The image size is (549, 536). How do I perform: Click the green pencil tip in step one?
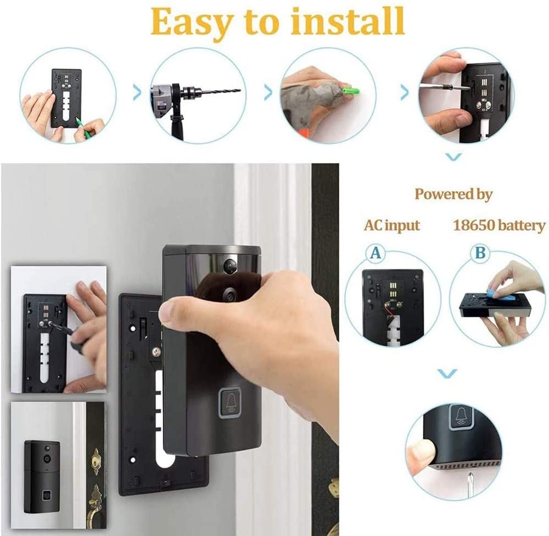tap(79, 121)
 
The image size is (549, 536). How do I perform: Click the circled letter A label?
tap(376, 253)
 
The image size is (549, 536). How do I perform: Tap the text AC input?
tap(391, 225)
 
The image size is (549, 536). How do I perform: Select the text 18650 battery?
tap(499, 225)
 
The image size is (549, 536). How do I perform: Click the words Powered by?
tap(453, 194)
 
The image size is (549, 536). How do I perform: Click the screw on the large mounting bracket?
tap(156, 349)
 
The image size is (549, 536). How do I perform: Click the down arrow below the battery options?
tap(448, 373)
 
